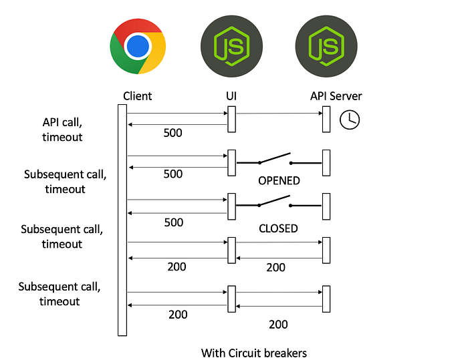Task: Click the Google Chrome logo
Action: tap(138, 46)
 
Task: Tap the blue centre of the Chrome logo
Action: tap(138, 46)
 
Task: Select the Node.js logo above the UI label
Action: tap(231, 46)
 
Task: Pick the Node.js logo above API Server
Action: tap(326, 46)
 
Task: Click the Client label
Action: tap(137, 96)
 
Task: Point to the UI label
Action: tap(231, 96)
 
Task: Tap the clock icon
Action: tap(350, 120)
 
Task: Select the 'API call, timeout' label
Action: tap(62, 130)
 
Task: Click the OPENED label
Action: tap(279, 181)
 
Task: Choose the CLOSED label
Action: tap(278, 228)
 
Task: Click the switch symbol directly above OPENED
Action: tap(279, 159)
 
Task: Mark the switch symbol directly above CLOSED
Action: tap(279, 202)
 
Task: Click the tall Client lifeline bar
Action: tap(122, 220)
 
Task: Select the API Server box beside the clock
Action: tap(326, 119)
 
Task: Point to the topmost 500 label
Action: tap(172, 133)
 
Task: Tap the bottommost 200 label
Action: tap(278, 325)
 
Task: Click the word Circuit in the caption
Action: tap(241, 353)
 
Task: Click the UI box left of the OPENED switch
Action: tap(231, 163)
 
